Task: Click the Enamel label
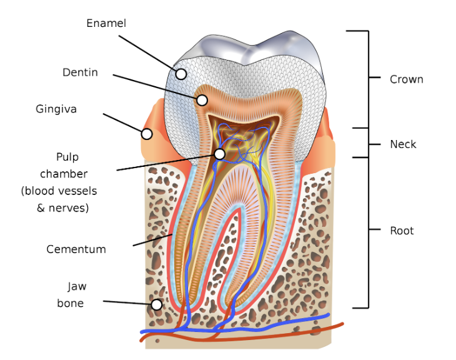click(x=106, y=24)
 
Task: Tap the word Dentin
click(x=80, y=72)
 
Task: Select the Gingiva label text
click(x=56, y=109)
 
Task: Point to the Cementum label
click(x=76, y=249)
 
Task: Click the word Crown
click(x=407, y=79)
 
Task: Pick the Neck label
click(x=403, y=144)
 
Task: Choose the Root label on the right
click(x=402, y=231)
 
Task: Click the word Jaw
click(x=77, y=287)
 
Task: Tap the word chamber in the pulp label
click(x=64, y=174)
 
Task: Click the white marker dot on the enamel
click(x=181, y=74)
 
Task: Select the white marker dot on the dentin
click(x=202, y=100)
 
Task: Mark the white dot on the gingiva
click(x=147, y=134)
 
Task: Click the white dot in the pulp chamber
click(x=219, y=154)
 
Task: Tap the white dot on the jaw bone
click(x=156, y=305)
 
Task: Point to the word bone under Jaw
click(x=71, y=304)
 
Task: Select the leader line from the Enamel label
click(x=147, y=51)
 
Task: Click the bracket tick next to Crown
click(x=375, y=77)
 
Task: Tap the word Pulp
click(x=67, y=157)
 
